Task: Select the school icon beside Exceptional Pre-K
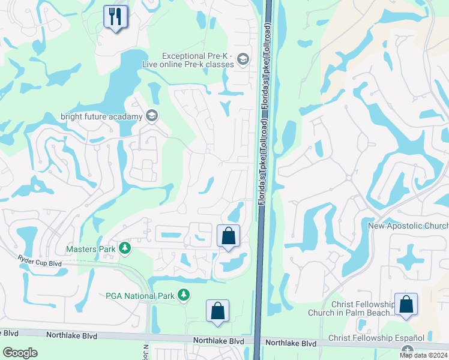[243, 59]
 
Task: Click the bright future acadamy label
[101, 116]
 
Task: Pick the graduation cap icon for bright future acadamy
[152, 116]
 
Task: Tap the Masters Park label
[90, 249]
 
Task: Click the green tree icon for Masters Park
[124, 248]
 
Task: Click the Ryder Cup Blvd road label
[40, 262]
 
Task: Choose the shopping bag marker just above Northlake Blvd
[217, 311]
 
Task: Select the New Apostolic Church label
[408, 226]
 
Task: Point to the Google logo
[20, 352]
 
